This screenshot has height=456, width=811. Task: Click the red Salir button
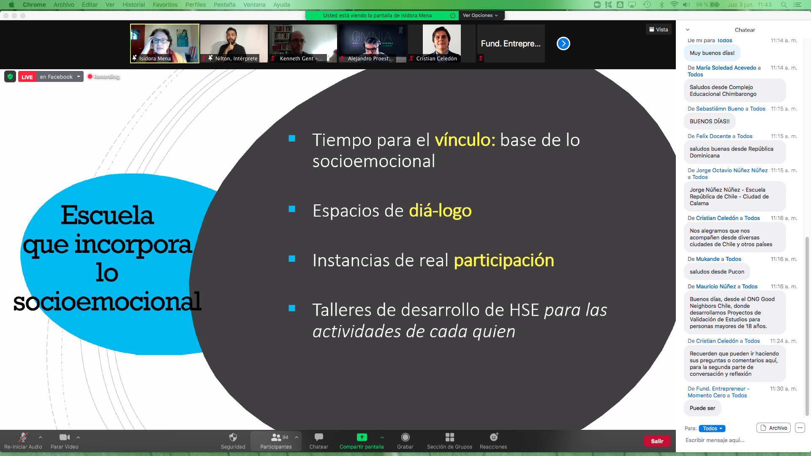(657, 441)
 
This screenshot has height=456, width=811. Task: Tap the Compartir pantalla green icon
(362, 437)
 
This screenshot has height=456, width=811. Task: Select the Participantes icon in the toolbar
(276, 437)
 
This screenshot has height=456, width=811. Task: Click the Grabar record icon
(405, 437)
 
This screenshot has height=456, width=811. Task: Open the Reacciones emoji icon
(494, 437)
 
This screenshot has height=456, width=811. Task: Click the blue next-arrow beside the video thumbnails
(563, 43)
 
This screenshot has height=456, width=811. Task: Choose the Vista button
(659, 30)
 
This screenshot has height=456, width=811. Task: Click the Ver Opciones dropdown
(481, 16)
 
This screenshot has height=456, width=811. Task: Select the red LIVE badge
(27, 77)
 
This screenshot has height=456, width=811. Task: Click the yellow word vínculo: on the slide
(465, 140)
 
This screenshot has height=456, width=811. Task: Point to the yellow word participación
(504, 261)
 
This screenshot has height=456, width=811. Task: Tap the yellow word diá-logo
(440, 211)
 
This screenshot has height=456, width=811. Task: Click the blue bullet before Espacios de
(292, 209)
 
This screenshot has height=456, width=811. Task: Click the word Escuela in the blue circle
(107, 215)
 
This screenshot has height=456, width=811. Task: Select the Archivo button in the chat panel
(773, 428)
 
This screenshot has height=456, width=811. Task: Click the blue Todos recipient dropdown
(712, 428)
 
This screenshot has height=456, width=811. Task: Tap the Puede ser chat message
(702, 408)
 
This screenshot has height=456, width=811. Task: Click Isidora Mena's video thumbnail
(165, 43)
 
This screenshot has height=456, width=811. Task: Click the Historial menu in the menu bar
(133, 5)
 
